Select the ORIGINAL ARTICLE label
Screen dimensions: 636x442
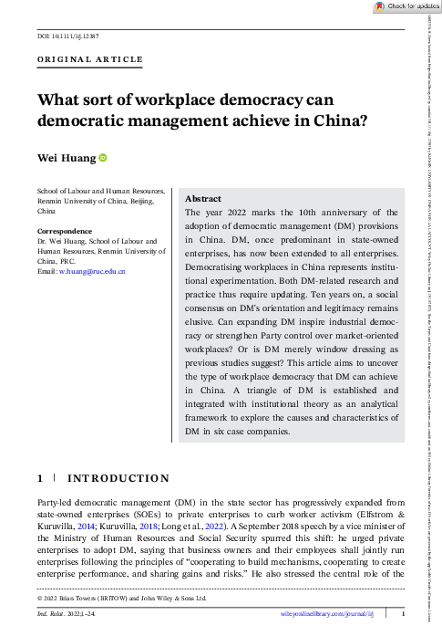[x=89, y=60]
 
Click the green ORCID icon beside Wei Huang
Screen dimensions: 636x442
[x=103, y=159]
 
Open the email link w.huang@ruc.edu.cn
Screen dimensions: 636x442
[x=92, y=272]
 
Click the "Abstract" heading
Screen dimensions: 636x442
[x=202, y=198]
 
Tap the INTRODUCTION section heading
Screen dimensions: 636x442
[x=118, y=478]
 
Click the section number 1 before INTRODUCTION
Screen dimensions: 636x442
[x=40, y=478]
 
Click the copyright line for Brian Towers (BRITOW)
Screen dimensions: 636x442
[x=122, y=599]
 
